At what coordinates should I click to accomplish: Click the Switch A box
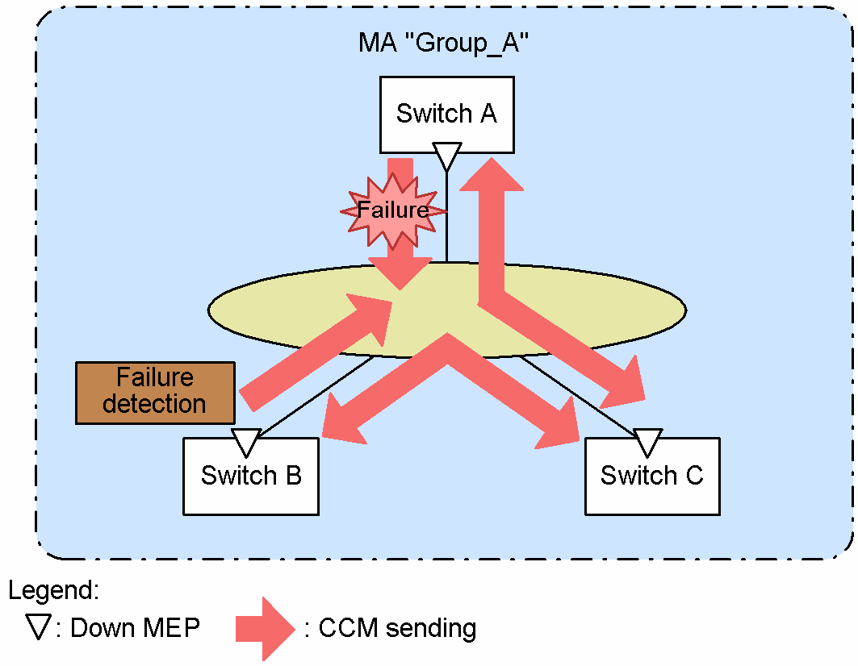pos(446,114)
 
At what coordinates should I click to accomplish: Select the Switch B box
pos(251,476)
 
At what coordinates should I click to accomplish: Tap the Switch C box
pos(651,476)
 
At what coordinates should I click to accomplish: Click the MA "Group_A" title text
pos(443,44)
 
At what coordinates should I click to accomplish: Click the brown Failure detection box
pos(155,392)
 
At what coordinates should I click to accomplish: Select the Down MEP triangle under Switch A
pos(446,156)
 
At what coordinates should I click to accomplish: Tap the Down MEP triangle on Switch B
pos(245,443)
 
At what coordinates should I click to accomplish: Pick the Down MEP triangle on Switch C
pos(647,443)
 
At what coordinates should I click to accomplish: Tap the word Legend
pos(53,590)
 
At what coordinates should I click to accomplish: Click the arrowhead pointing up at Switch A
pos(492,173)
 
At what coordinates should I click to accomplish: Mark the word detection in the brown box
pos(155,404)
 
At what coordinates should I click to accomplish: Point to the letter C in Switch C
pos(693,476)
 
